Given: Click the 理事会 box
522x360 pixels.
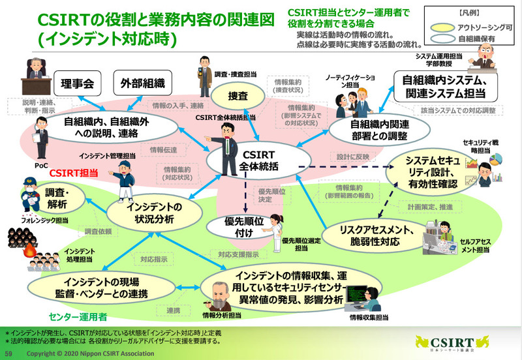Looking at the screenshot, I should click(78, 83).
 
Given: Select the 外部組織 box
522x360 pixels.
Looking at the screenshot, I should click(142, 83).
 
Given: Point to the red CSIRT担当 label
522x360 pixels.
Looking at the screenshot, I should click(73, 174).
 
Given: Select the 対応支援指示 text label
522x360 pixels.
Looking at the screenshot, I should click(239, 254).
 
